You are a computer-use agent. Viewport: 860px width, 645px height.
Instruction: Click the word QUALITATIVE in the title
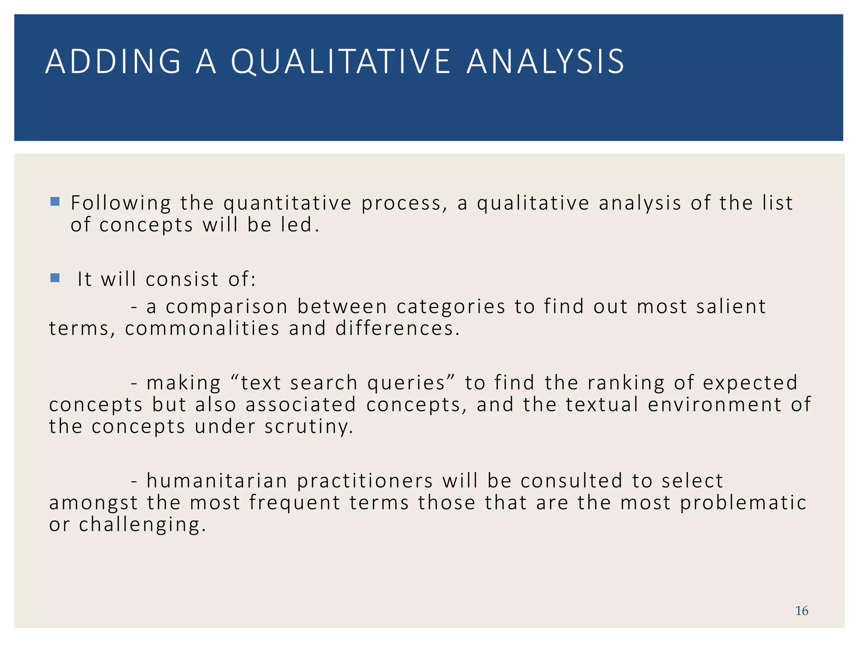(341, 62)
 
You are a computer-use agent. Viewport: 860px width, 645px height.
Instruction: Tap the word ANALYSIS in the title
(545, 62)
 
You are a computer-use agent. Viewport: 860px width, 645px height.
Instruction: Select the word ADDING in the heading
(113, 62)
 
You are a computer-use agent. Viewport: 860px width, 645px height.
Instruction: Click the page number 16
(801, 611)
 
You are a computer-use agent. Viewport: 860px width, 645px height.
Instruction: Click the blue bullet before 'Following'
(55, 202)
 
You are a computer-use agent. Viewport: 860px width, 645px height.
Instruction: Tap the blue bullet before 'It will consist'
(55, 278)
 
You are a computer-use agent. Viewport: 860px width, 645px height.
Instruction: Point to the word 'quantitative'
(287, 204)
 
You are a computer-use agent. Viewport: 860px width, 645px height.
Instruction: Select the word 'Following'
(121, 204)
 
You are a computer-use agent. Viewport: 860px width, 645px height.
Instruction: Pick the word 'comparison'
(227, 307)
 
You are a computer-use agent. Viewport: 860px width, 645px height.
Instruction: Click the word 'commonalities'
(202, 328)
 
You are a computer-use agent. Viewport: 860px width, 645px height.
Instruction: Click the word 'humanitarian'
(217, 481)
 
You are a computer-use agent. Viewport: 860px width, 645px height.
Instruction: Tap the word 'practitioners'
(365, 481)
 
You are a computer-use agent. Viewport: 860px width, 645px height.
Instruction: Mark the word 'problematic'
(743, 503)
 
